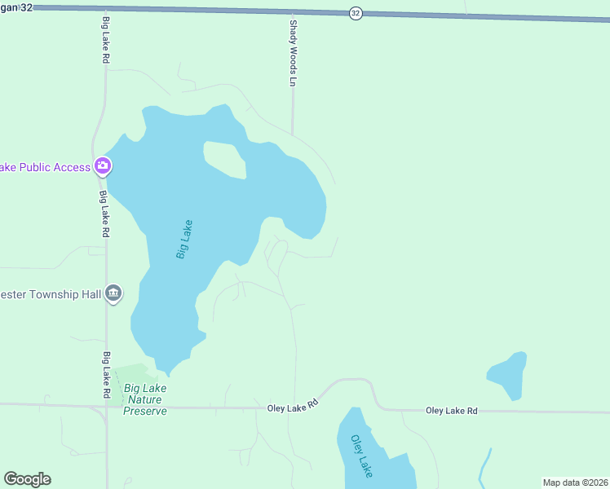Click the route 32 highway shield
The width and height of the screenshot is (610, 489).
point(356,13)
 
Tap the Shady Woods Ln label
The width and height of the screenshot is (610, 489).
point(291,54)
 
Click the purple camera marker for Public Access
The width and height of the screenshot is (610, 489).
point(103,166)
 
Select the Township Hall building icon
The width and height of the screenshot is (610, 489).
point(113,293)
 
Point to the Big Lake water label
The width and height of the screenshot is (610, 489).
point(184,240)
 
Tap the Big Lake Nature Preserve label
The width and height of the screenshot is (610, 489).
point(144,400)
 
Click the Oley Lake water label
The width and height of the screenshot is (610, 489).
point(361,455)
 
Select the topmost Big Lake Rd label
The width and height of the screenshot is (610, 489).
point(105,40)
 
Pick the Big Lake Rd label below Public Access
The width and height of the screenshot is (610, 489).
point(105,214)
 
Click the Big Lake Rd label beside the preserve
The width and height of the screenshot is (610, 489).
point(107,375)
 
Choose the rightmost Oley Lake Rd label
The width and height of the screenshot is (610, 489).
point(451,411)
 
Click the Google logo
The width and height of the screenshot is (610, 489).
point(27,479)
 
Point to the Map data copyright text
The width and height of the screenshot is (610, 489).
point(576,482)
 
